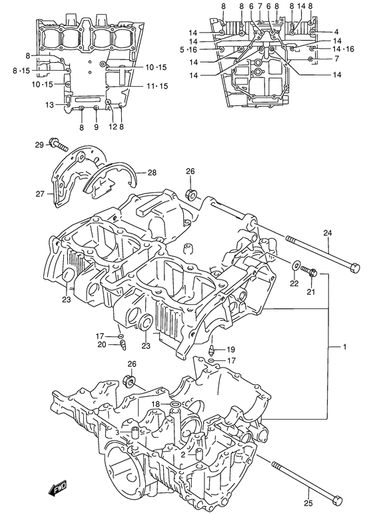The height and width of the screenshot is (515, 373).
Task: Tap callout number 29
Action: [39, 145]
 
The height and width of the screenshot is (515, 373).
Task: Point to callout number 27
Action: [40, 194]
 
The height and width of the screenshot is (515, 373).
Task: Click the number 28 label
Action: [152, 173]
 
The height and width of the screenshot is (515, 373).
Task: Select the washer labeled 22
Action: [295, 267]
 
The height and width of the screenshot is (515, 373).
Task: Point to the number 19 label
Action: [231, 350]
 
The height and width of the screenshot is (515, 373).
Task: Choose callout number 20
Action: [101, 344]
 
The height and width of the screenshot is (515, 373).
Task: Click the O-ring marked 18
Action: [173, 404]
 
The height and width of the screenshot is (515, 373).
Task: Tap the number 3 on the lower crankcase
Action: [118, 433]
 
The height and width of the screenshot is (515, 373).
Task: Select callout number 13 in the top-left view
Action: [49, 105]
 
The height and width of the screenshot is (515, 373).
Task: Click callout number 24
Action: [326, 233]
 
